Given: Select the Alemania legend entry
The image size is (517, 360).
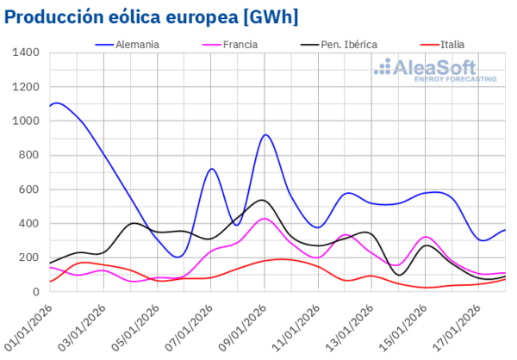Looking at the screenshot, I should click(x=137, y=44).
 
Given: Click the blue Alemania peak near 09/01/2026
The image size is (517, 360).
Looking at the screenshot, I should click(x=265, y=134).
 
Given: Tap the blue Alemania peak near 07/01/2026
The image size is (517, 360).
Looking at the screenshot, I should click(x=212, y=169).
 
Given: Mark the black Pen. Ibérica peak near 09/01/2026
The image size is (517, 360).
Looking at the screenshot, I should click(x=263, y=200).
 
